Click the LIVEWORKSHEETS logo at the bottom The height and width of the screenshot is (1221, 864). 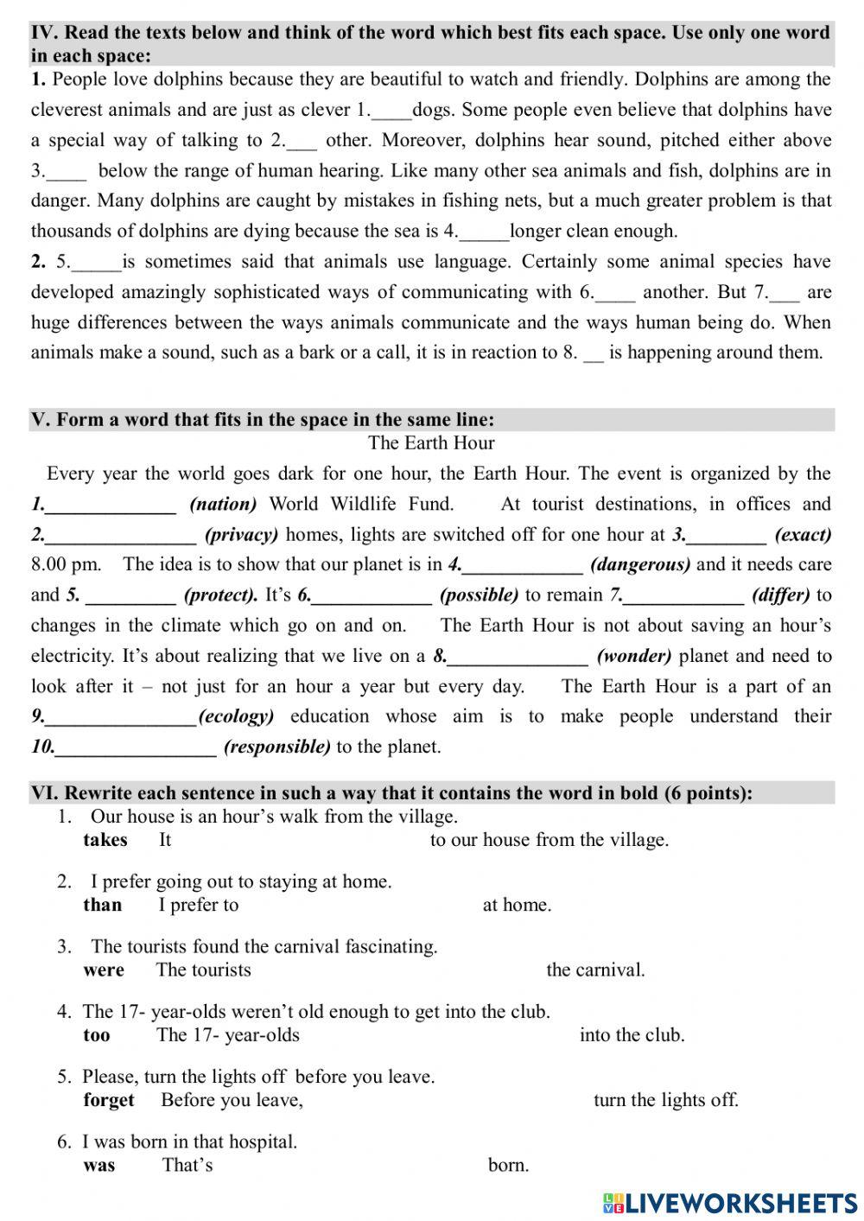coord(730,1202)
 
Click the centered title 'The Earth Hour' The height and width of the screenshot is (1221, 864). coord(431,443)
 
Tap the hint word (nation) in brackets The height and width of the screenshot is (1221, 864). coord(223,504)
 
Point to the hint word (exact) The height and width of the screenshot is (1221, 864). coord(803,534)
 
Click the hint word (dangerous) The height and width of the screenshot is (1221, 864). coord(640,564)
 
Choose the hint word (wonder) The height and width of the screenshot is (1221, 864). coord(634,656)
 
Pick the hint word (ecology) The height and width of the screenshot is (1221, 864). coord(236,716)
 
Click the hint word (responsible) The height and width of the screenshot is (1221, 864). coord(276,747)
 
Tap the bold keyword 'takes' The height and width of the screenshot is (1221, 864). coord(105,840)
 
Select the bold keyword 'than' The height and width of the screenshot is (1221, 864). coord(102,905)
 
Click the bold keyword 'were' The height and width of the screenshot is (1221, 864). coord(104,970)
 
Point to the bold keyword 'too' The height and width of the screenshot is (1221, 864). coord(97,1034)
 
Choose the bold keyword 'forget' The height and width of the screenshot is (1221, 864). coord(109,1100)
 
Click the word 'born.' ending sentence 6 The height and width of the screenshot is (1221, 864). coord(508,1165)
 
